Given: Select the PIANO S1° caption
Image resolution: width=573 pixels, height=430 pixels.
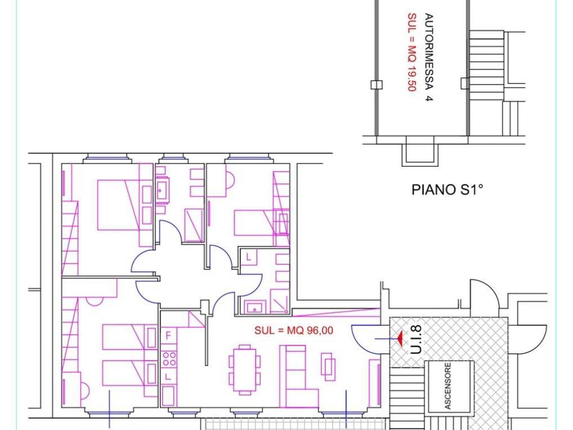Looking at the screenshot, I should pos(447,190).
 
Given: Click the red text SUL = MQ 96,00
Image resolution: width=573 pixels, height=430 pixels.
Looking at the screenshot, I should pos(294,330).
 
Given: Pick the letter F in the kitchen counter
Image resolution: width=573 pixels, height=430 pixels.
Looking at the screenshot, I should pos(168,336).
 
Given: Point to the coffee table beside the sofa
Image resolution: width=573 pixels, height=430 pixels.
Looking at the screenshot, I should pos(328,366).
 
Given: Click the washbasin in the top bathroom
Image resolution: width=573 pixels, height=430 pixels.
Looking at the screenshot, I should pos(163,190).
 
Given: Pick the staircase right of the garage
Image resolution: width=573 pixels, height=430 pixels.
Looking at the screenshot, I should pos(487,65).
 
